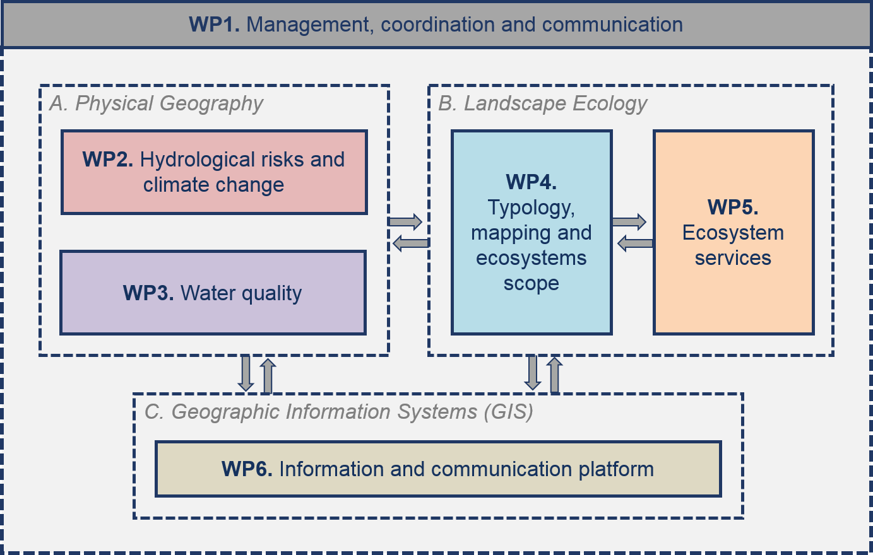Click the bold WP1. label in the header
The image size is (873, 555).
pos(214,24)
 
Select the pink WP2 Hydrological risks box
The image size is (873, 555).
pos(214,172)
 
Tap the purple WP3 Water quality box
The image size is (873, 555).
pos(213,293)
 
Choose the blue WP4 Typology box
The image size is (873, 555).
pos(532,233)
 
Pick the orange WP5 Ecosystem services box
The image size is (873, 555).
pos(733,233)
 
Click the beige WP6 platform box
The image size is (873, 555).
pos(438,469)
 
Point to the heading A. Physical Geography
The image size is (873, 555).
pos(157,103)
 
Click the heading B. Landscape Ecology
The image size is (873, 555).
pos(542,103)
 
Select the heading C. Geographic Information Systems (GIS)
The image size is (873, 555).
pos(339,412)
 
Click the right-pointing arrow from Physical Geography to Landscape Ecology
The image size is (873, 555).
pos(405,221)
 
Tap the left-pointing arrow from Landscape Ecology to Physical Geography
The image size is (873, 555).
pos(410,243)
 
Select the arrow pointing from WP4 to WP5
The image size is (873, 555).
pos(629,221)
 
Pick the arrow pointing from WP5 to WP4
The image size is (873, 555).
pos(635,243)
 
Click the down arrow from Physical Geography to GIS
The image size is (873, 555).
pos(246,373)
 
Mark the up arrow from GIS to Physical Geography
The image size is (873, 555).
pos(268,376)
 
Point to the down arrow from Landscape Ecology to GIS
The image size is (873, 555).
pos(533,372)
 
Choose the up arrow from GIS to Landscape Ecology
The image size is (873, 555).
pos(555,375)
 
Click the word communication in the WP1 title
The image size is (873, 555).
pos(612,24)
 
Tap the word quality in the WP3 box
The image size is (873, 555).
pos(271,294)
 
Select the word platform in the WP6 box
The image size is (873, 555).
pos(616,470)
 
